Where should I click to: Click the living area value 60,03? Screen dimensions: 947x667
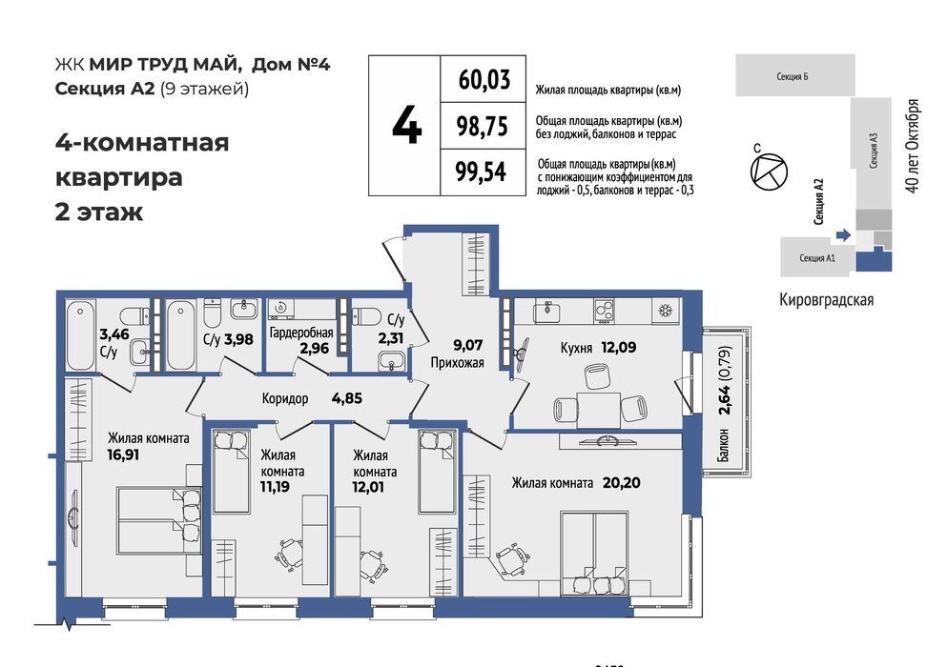point(484,80)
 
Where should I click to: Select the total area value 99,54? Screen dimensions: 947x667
point(481,172)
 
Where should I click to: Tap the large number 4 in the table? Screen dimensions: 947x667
point(406,127)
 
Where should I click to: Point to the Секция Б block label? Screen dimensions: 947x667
point(792,76)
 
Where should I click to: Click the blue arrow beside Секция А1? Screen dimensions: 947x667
point(843,234)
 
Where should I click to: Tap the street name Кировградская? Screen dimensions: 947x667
point(826,299)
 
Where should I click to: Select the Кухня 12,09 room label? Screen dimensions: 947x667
point(598,348)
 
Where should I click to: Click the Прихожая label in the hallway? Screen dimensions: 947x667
point(457,363)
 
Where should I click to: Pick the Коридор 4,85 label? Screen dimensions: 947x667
point(312,398)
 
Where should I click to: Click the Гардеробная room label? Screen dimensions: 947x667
point(301,333)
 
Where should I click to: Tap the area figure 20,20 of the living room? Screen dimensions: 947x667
point(622,483)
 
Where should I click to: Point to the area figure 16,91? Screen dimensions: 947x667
point(123,455)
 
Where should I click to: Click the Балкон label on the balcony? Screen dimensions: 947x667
point(723,446)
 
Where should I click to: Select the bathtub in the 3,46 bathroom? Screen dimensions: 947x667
point(80,335)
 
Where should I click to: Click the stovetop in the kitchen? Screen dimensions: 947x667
point(604,312)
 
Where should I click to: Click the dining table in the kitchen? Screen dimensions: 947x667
point(599,410)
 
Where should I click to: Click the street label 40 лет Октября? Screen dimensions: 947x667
point(914,146)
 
